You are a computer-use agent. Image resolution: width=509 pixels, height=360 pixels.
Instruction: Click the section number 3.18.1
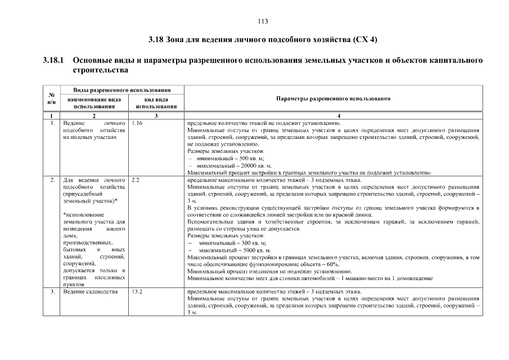pyautogui.click(x=54, y=60)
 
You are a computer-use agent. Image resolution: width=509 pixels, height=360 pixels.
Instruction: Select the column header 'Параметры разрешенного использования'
pyautogui.click(x=333, y=98)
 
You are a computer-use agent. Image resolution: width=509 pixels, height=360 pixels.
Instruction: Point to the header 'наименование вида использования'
pyautogui.click(x=94, y=102)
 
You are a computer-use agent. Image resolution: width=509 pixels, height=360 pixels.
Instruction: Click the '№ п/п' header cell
pyautogui.click(x=52, y=98)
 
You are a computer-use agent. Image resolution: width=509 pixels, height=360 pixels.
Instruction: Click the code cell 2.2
pyautogui.click(x=135, y=180)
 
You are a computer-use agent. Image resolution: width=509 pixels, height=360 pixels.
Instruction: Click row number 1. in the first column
pyautogui.click(x=52, y=122)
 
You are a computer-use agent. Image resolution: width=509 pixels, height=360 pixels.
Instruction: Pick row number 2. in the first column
pyautogui.click(x=52, y=180)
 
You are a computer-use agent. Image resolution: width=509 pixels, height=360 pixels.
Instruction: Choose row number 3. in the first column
pyautogui.click(x=52, y=292)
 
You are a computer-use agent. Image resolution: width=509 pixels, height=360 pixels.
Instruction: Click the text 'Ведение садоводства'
pyautogui.click(x=91, y=292)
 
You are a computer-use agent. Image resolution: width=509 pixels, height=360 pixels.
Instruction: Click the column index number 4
pyautogui.click(x=333, y=115)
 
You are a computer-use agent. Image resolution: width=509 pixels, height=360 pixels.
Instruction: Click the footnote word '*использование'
pyautogui.click(x=82, y=215)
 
